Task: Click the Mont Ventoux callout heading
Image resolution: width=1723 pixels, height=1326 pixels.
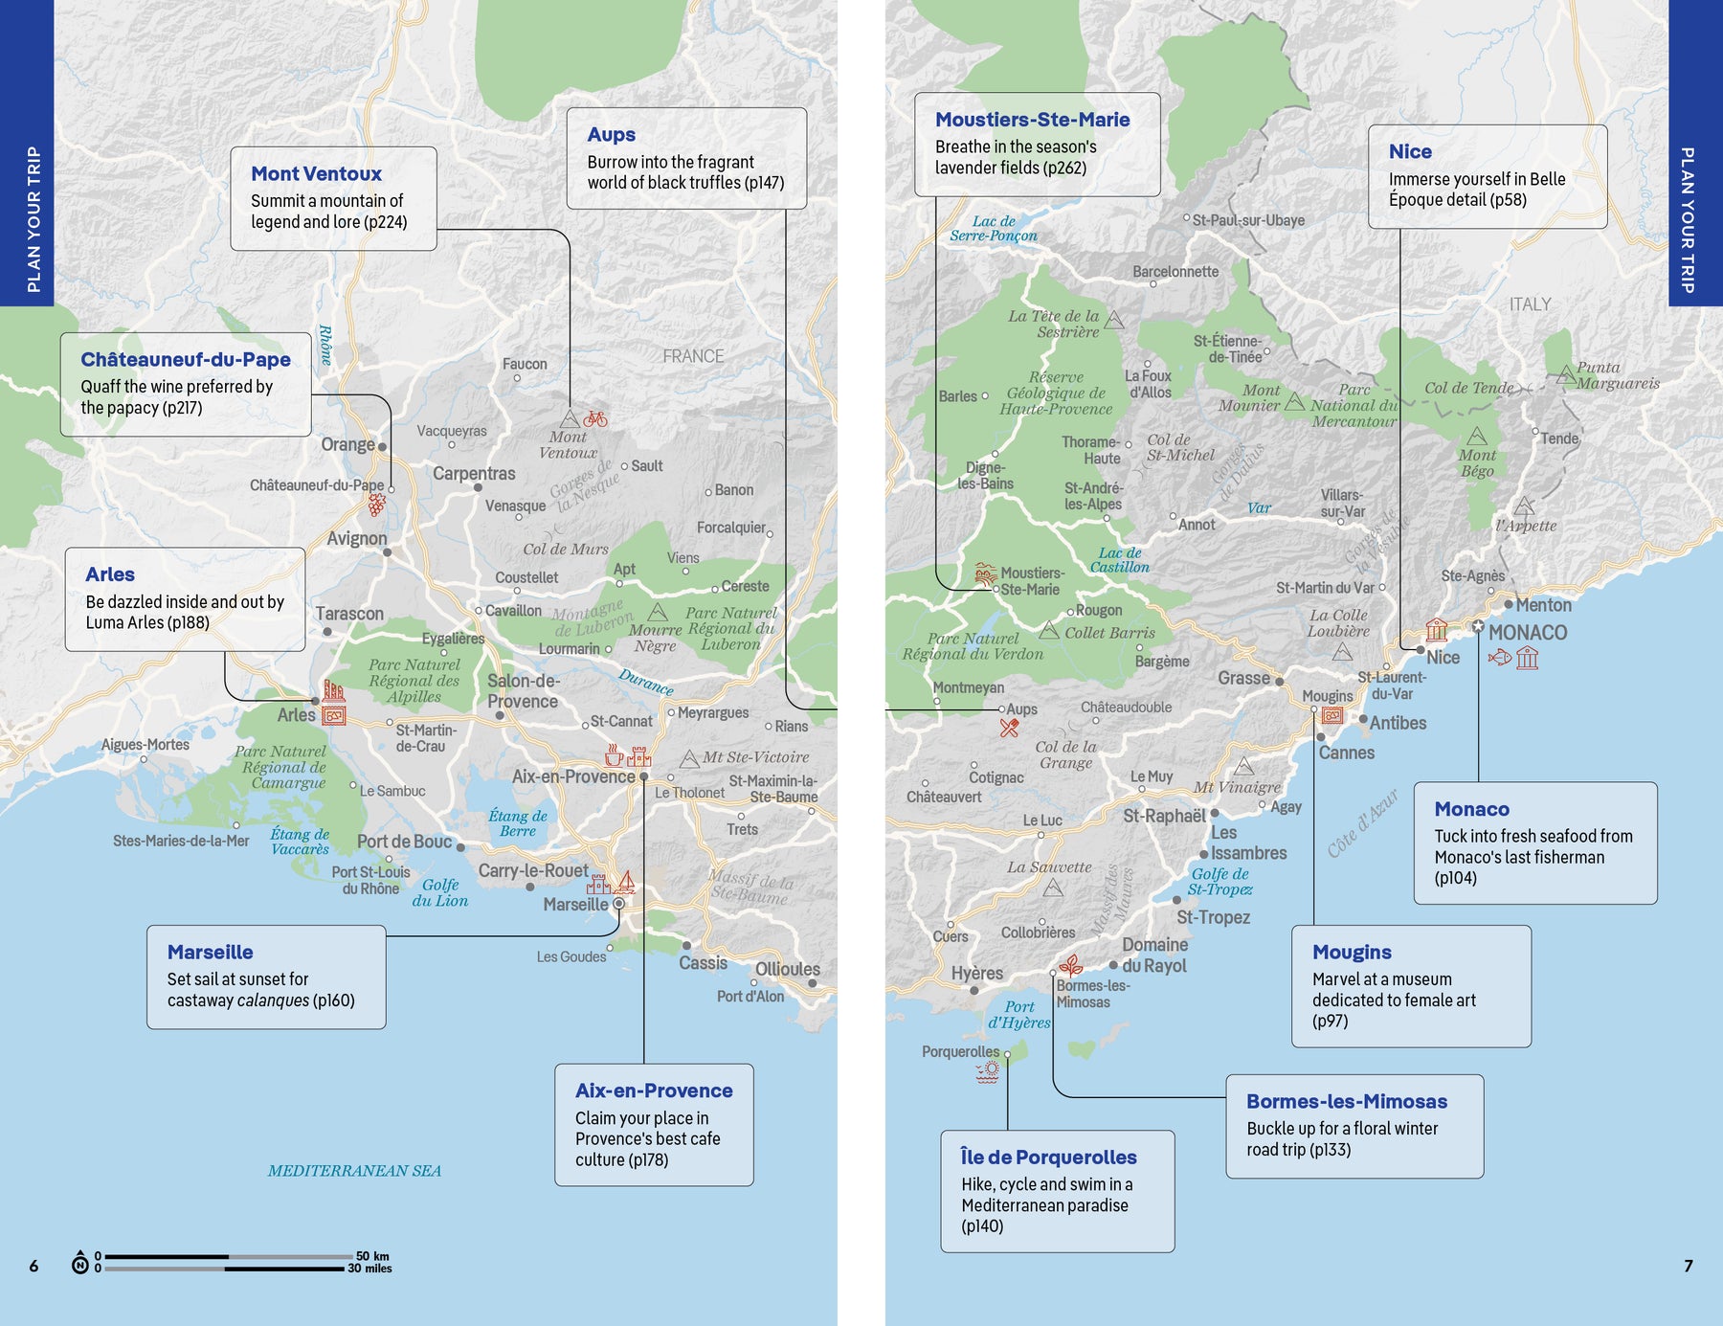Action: pyautogui.click(x=316, y=174)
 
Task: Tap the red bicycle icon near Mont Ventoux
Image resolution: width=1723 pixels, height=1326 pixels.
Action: pyautogui.click(x=595, y=418)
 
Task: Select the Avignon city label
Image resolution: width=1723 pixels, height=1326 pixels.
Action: pyautogui.click(x=356, y=539)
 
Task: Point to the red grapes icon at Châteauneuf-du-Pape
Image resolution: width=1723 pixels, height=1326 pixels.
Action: pyautogui.click(x=377, y=505)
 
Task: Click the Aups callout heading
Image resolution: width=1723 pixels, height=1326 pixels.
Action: pyautogui.click(x=611, y=135)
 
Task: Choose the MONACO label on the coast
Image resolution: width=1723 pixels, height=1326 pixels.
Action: pyautogui.click(x=1528, y=633)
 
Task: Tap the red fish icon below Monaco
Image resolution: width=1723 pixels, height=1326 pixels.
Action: pyautogui.click(x=1499, y=658)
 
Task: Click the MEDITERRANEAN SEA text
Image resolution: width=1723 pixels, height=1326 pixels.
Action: pyautogui.click(x=354, y=1171)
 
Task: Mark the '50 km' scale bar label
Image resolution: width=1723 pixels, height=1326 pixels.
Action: pyautogui.click(x=372, y=1256)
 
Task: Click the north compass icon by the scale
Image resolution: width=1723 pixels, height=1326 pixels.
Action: pyautogui.click(x=80, y=1264)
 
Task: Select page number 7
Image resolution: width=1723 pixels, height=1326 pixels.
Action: pyautogui.click(x=1689, y=1266)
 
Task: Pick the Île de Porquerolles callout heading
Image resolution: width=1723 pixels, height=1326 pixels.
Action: pyautogui.click(x=1048, y=1157)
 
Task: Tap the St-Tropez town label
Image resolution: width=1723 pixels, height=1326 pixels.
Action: pyautogui.click(x=1213, y=917)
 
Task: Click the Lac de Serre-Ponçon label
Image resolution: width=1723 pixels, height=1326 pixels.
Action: pyautogui.click(x=994, y=229)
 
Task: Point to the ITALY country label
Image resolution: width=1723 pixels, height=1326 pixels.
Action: pyautogui.click(x=1530, y=304)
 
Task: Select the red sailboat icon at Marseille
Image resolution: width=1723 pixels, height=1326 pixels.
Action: pyautogui.click(x=626, y=882)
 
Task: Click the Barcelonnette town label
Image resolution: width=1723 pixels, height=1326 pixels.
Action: pyautogui.click(x=1175, y=272)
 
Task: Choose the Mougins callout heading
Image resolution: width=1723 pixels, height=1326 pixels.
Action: pyautogui.click(x=1352, y=953)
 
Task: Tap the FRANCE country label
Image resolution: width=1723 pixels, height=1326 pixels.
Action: pyautogui.click(x=693, y=356)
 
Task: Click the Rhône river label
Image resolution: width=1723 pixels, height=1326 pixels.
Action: pyautogui.click(x=325, y=345)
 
